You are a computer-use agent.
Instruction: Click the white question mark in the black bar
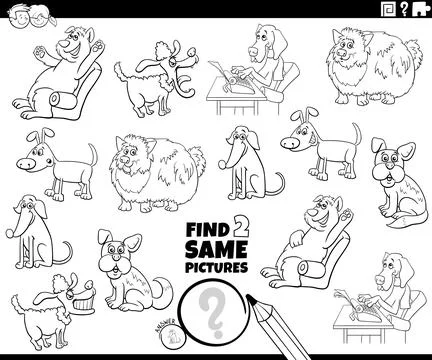[x=392, y=10]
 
